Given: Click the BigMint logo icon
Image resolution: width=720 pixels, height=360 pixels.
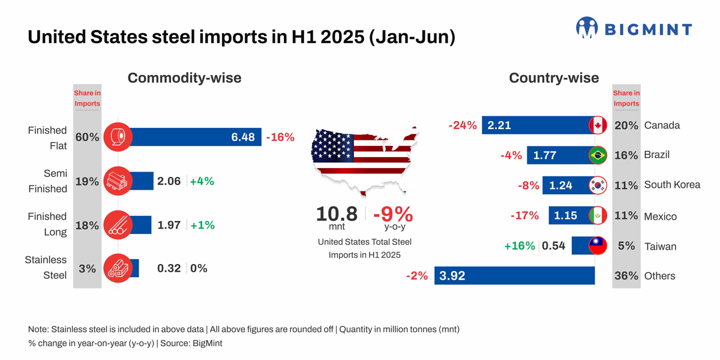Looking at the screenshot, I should (x=587, y=28).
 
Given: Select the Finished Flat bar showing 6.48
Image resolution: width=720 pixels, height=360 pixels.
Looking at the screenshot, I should (x=192, y=137).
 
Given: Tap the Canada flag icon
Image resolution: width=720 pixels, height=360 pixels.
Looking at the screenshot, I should (x=598, y=125).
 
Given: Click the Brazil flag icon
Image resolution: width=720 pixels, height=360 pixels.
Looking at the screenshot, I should (x=598, y=155).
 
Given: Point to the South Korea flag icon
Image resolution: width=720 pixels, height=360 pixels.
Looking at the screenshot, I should (x=598, y=185).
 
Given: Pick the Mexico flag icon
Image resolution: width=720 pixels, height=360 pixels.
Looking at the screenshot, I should (x=598, y=216).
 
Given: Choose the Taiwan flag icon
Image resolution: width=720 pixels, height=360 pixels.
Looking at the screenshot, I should (x=598, y=246).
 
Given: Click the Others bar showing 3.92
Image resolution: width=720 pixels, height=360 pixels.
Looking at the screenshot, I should (x=514, y=276).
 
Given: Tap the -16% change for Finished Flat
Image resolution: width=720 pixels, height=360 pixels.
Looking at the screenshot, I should (x=280, y=137).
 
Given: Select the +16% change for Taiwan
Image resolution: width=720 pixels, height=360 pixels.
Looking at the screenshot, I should (x=520, y=246).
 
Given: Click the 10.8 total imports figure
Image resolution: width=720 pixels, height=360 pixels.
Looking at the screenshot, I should (x=337, y=214).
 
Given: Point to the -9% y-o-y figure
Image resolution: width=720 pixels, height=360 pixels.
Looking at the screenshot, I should (x=393, y=214).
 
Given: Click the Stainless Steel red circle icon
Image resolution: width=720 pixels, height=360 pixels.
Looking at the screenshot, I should (x=118, y=268).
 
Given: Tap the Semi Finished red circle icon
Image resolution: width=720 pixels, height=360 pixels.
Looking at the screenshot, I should (x=118, y=181).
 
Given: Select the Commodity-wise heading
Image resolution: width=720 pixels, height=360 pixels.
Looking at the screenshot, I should (x=184, y=78).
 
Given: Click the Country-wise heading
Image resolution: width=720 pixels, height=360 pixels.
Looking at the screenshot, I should (x=553, y=78).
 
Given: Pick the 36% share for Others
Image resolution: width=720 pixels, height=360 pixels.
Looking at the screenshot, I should (x=626, y=276).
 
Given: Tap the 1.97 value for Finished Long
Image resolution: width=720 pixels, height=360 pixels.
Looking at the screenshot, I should (x=169, y=225).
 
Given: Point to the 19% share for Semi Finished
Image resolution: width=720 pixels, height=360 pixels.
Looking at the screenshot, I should (x=87, y=181).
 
